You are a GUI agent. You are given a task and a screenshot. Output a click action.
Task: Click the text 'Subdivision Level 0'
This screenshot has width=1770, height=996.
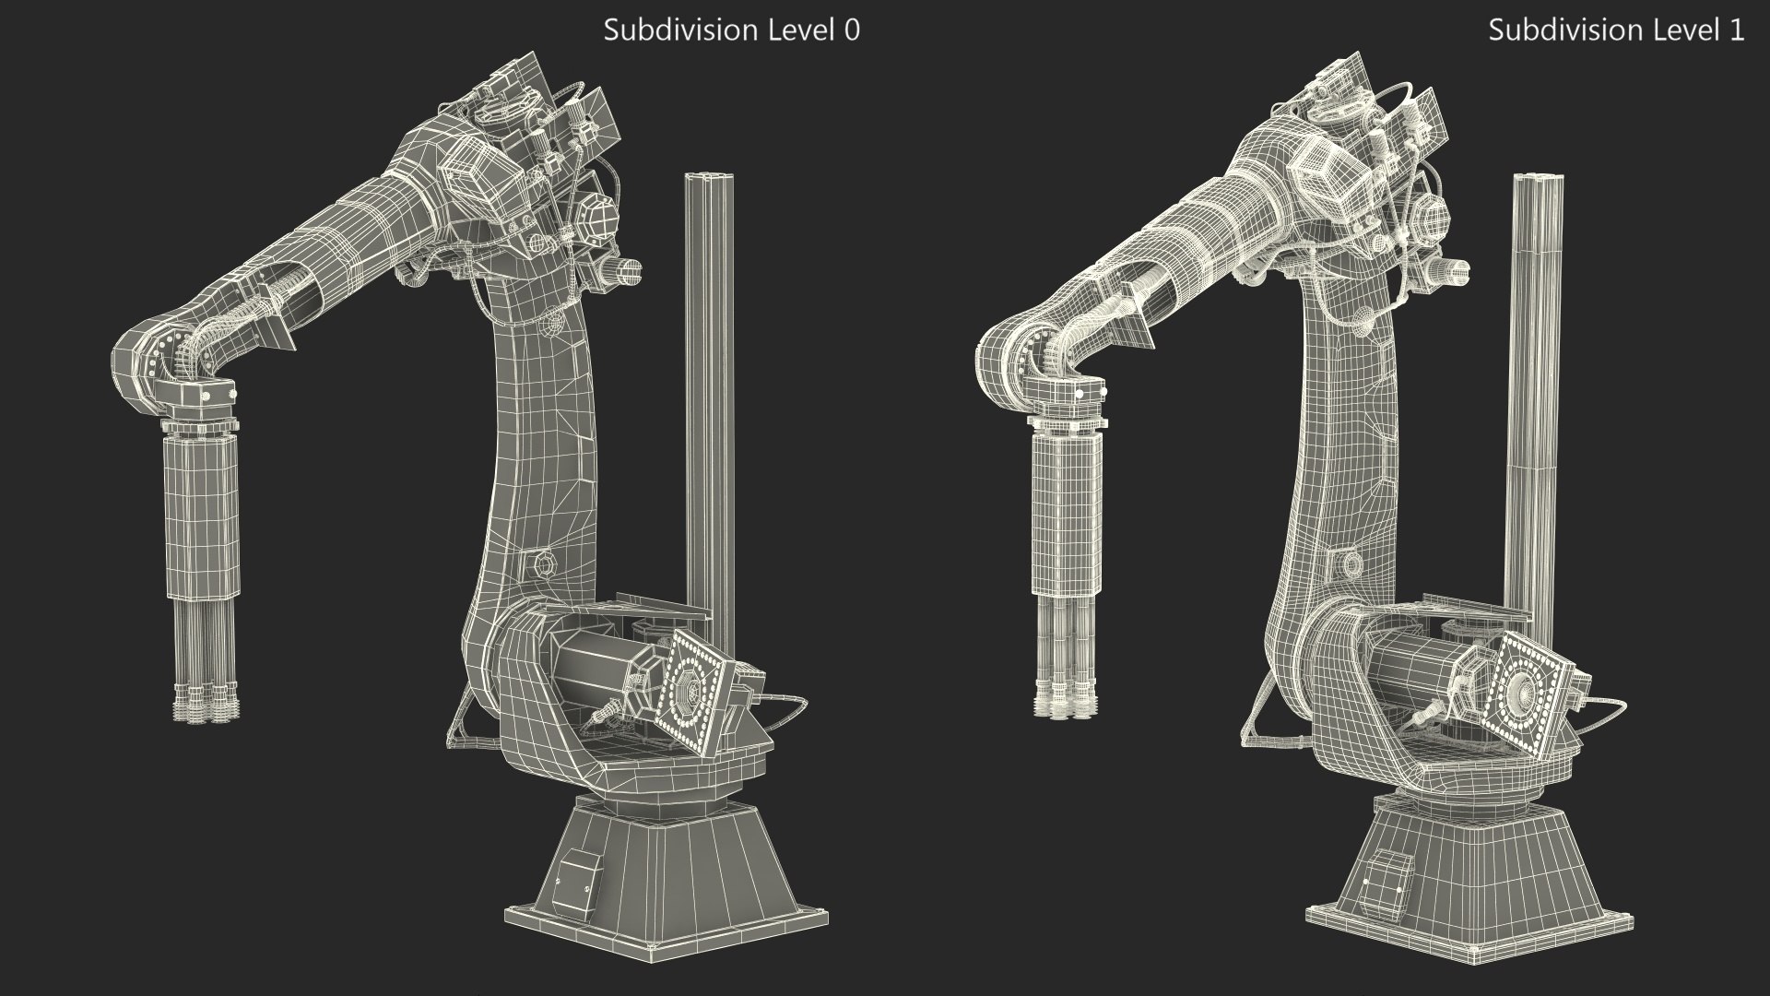coord(731,30)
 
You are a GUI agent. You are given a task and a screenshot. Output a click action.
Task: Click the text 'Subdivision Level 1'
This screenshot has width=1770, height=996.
coord(1616,30)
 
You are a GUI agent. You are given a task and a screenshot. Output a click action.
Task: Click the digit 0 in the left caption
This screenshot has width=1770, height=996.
coord(852,30)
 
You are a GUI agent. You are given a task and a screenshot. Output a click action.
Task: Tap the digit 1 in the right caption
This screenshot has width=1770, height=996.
coord(1737,30)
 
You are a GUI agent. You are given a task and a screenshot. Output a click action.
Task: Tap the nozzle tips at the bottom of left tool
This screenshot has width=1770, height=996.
coord(207,705)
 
